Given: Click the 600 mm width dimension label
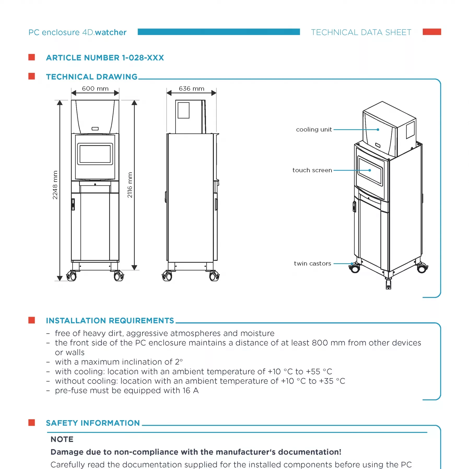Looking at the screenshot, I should pyautogui.click(x=95, y=89).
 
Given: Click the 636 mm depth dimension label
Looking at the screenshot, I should pyautogui.click(x=191, y=89).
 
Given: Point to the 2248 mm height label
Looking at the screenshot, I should pyautogui.click(x=55, y=185).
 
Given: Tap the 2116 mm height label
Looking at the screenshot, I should pyautogui.click(x=130, y=185).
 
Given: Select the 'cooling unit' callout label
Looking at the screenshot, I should pyautogui.click(x=314, y=130).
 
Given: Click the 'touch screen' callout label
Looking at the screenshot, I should pyautogui.click(x=312, y=170).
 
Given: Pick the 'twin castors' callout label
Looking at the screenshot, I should pyautogui.click(x=312, y=263).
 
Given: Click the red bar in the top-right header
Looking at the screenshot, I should pyautogui.click(x=432, y=32).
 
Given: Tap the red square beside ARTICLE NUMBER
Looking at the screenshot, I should pyautogui.click(x=32, y=57).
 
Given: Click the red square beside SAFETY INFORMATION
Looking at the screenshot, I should pyautogui.click(x=32, y=423).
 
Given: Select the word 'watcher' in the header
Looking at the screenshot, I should pyautogui.click(x=111, y=32).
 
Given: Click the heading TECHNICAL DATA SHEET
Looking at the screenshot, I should pyautogui.click(x=361, y=32).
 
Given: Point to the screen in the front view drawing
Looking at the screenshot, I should pyautogui.click(x=95, y=154).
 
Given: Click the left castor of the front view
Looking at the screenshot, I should pyautogui.click(x=72, y=276).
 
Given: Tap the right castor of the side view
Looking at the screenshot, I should pyautogui.click(x=214, y=276).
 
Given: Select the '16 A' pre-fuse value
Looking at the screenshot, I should pyautogui.click(x=191, y=390).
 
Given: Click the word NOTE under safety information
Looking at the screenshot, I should pyautogui.click(x=62, y=439).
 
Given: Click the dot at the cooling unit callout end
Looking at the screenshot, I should pyautogui.click(x=378, y=130).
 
